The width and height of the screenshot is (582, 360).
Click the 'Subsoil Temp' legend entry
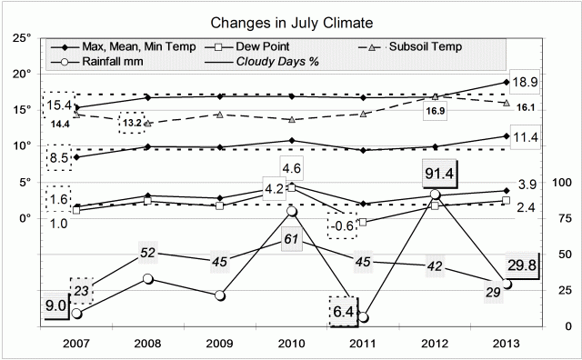tap(422, 45)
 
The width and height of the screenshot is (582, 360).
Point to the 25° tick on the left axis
tap(22, 38)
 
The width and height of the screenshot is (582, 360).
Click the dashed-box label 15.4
tap(59, 106)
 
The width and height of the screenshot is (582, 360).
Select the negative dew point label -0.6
tap(342, 225)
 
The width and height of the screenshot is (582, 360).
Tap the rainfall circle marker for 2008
tap(147, 279)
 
